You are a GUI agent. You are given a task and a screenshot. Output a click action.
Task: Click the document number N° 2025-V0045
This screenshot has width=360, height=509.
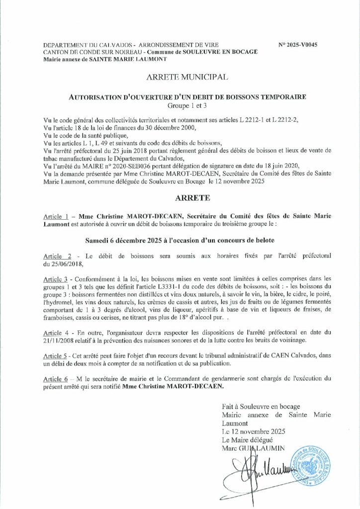tap(298, 45)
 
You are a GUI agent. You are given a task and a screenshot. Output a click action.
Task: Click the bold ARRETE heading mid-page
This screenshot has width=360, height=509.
tap(180, 198)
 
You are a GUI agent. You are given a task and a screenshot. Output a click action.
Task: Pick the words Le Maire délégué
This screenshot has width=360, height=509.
tap(246, 440)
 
